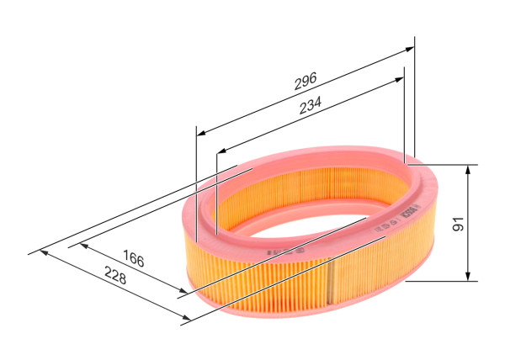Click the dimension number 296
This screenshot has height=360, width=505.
point(305,81)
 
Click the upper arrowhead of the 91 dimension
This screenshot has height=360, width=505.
point(468,169)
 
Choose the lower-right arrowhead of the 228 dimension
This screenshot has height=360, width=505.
point(183,318)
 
